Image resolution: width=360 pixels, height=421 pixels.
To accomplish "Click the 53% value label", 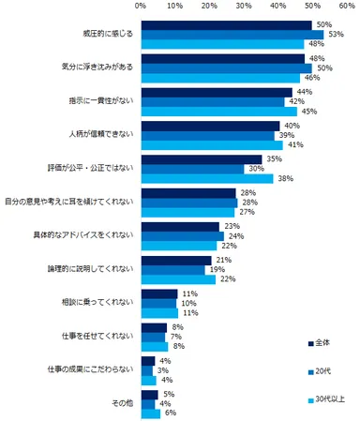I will (x=334, y=35).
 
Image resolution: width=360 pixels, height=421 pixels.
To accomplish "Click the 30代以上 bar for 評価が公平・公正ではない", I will (x=206, y=178).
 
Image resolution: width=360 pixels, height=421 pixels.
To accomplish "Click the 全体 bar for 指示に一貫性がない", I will (x=216, y=92).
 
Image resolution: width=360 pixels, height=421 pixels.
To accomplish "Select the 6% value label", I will (x=171, y=413).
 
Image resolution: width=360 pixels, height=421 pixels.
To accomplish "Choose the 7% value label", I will (x=173, y=337).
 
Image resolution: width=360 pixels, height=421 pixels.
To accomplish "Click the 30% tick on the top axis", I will (x=243, y=6).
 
